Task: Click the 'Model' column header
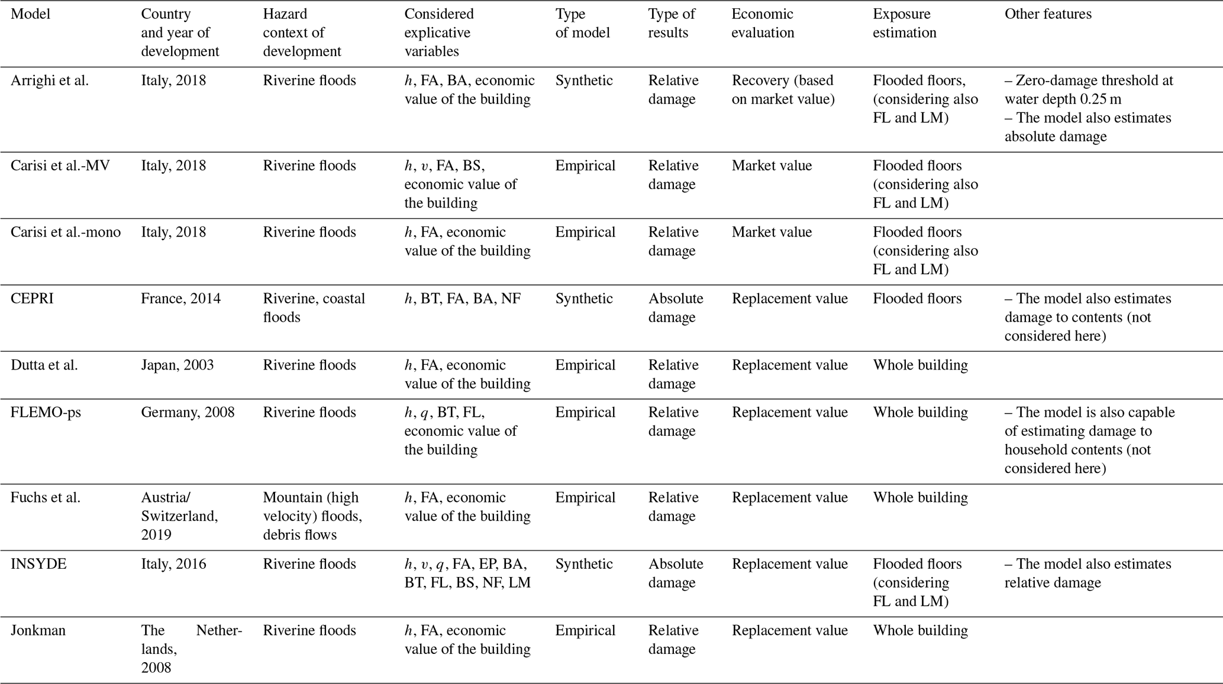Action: [31, 14]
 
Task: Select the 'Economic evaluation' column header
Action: [763, 23]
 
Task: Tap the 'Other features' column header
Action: [1048, 14]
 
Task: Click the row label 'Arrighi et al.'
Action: [50, 80]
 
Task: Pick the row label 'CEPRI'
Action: [32, 299]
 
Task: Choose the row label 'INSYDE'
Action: [38, 564]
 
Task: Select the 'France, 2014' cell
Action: [180, 299]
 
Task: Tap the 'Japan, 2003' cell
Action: [177, 365]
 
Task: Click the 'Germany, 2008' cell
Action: [188, 412]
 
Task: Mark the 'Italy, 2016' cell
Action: [173, 564]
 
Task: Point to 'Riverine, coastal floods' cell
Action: [314, 307]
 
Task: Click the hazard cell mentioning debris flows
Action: [312, 516]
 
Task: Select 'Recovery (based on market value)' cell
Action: [782, 89]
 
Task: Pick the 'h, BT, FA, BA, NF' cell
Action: [463, 299]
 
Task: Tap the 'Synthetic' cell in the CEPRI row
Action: [583, 299]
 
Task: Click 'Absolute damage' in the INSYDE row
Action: [675, 573]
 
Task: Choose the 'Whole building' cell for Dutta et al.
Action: [920, 365]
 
